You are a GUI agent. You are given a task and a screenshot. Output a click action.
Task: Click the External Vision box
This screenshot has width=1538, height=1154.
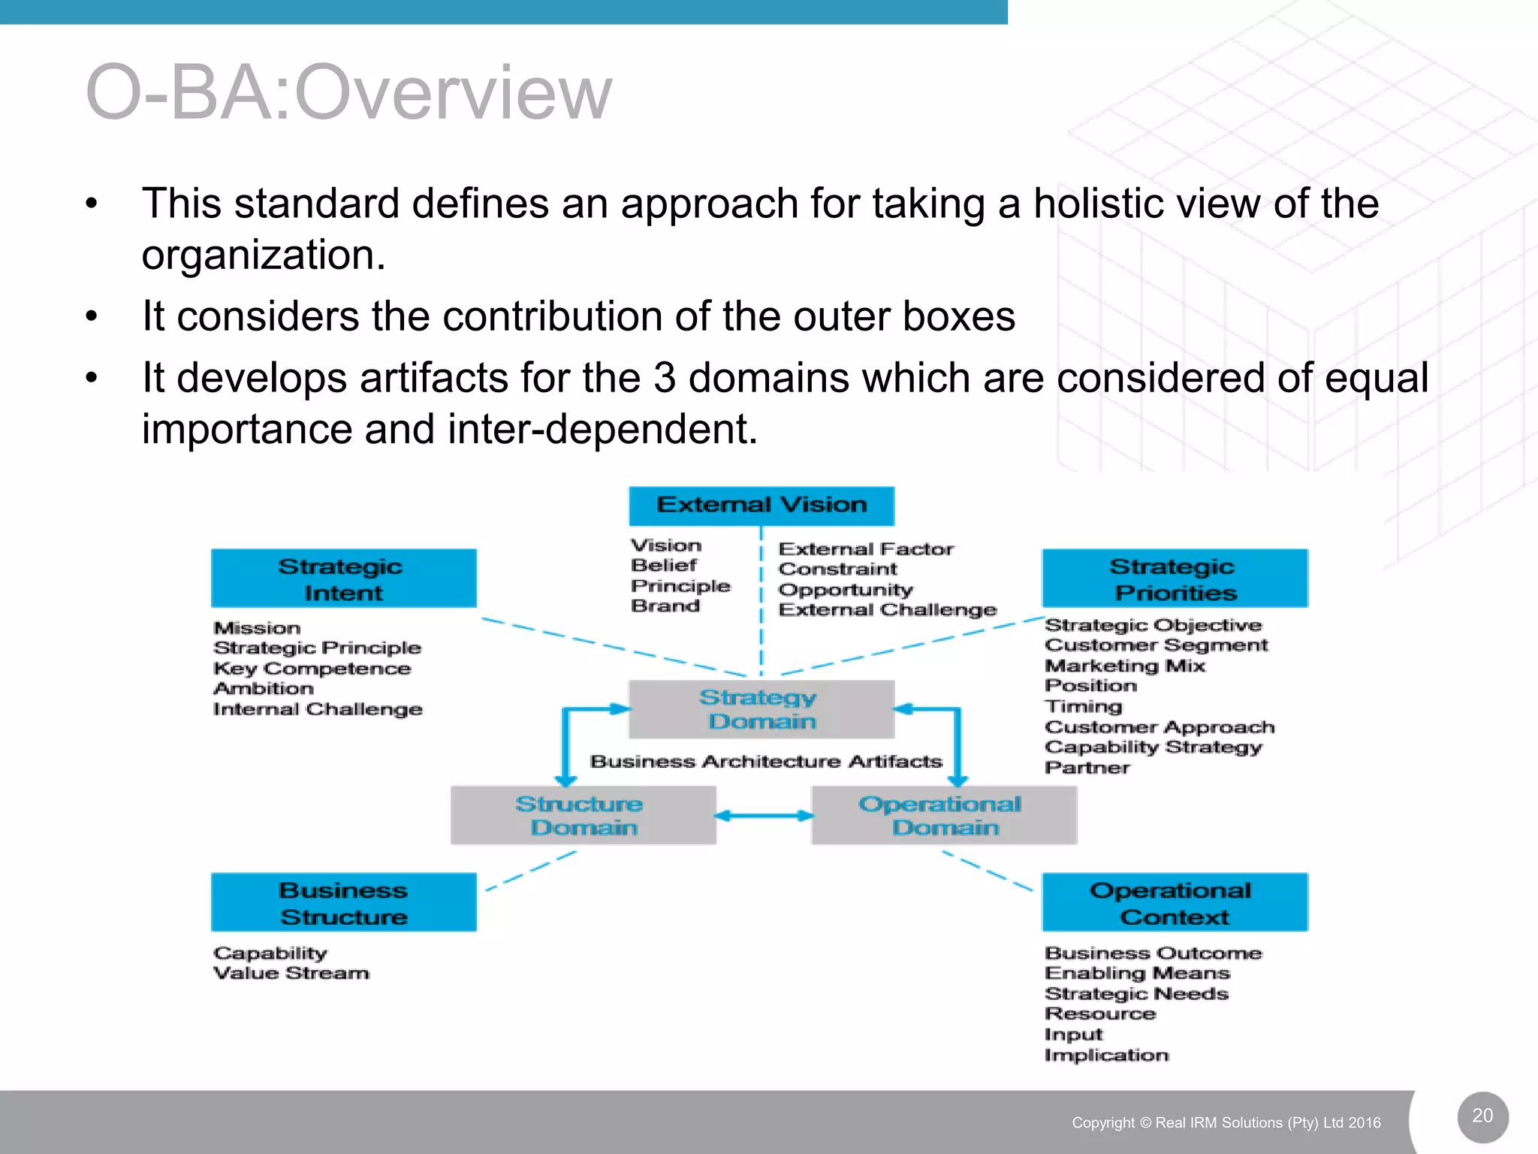[761, 505]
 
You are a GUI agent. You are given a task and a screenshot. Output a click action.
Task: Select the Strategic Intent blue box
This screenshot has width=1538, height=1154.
[343, 579]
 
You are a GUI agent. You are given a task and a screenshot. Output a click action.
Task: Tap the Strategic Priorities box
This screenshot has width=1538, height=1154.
[1175, 579]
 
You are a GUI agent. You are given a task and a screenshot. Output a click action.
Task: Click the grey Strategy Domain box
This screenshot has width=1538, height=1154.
[761, 709]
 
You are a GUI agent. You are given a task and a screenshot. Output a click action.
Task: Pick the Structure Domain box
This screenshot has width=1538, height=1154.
[583, 816]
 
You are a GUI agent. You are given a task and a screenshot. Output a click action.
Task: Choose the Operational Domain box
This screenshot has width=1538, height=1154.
[944, 816]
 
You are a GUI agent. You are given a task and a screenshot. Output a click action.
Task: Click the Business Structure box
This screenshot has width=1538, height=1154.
[343, 902]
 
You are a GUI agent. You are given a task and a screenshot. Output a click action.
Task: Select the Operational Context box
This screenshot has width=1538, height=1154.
[1175, 902]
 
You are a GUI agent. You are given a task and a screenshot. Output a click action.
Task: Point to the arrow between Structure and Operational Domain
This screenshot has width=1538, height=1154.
[764, 816]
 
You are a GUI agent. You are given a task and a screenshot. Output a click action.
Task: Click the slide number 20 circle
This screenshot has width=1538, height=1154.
[1482, 1116]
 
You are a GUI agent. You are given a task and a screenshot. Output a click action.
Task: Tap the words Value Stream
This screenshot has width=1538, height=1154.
[291, 974]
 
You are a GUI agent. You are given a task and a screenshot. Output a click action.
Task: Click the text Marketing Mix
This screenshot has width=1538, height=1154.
[1125, 666]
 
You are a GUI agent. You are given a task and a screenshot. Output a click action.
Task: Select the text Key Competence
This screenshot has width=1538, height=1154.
[312, 669]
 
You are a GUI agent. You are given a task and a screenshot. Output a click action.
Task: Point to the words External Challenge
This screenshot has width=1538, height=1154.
[888, 610]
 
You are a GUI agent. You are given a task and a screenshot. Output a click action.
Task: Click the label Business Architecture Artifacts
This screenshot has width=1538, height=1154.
[766, 762]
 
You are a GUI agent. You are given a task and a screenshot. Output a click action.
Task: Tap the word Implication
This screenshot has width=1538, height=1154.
[1106, 1056]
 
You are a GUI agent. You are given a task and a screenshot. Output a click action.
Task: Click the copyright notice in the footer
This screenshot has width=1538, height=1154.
[1226, 1122]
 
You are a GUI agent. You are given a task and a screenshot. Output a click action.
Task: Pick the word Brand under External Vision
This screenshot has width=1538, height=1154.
[665, 606]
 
